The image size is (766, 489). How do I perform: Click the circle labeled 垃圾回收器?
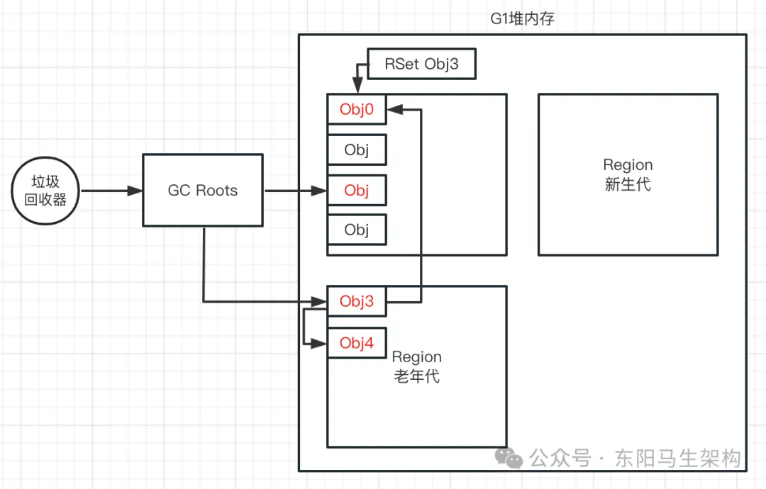(45, 191)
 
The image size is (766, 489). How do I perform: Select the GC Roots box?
(203, 191)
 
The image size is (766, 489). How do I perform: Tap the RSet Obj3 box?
(421, 64)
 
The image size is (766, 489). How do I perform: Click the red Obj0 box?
(357, 110)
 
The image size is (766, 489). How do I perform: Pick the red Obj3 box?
(357, 302)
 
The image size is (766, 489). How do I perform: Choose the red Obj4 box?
(357, 343)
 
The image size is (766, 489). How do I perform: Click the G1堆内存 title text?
(523, 19)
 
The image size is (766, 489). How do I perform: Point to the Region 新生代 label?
(628, 174)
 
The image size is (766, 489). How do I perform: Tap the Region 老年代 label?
(417, 366)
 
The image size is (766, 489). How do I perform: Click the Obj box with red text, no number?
(357, 191)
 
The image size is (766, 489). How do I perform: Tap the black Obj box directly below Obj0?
(357, 150)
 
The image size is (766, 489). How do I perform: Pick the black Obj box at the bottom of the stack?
(357, 230)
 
